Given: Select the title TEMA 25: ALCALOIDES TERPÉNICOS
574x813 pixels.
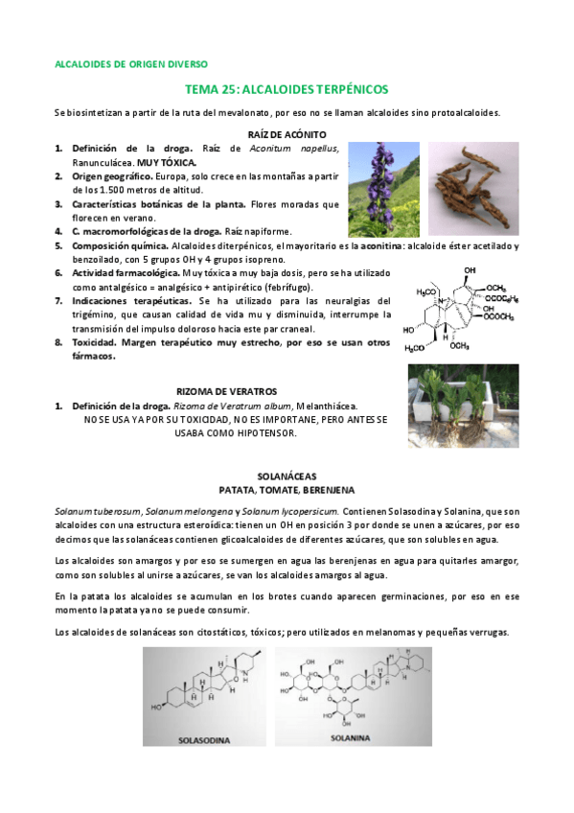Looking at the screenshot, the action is pyautogui.click(x=286, y=88).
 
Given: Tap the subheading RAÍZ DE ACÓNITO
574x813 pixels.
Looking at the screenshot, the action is pyautogui.click(x=287, y=135).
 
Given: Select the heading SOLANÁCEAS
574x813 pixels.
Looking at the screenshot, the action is pyautogui.click(x=287, y=476).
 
